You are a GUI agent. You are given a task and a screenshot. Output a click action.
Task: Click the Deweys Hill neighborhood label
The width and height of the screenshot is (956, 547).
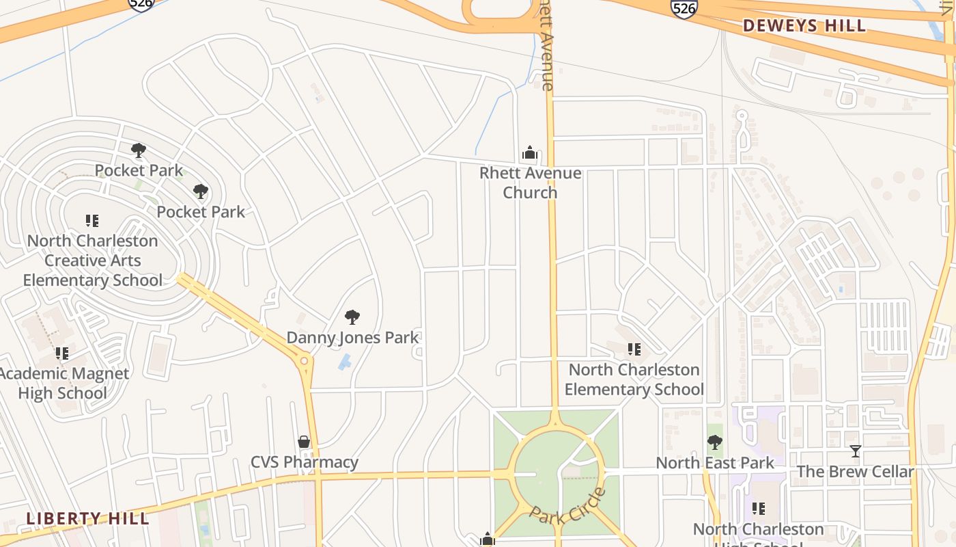coord(804,26)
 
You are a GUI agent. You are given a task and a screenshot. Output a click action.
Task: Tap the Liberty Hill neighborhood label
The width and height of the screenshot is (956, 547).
coord(87,518)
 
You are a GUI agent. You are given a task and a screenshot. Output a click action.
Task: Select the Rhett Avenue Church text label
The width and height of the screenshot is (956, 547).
coord(530,183)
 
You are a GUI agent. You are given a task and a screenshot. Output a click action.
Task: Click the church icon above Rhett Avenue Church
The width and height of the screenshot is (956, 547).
coord(530,153)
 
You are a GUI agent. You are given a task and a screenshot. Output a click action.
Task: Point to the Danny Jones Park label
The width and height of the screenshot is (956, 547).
coord(352,337)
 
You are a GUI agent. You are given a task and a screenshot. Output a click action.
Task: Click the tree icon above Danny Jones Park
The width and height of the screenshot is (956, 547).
coord(352,317)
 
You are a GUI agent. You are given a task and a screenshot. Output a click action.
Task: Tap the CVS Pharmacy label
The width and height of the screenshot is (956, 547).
coord(305,462)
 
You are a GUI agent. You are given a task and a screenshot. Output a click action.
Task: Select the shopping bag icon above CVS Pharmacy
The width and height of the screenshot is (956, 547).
coord(304,442)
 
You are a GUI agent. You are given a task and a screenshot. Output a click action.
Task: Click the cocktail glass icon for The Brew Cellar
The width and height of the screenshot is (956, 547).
coord(855,451)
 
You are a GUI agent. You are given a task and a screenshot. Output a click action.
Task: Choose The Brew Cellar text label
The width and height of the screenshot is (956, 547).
coord(855,472)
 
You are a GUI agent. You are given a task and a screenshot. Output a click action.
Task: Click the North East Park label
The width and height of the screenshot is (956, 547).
coord(715,463)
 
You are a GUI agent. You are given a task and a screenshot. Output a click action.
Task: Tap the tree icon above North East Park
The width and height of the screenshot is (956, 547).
coord(715,442)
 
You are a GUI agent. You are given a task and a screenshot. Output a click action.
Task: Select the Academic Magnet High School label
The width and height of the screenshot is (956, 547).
coord(63,383)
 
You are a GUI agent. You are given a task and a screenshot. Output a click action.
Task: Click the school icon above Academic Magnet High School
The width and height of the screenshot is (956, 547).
coord(62,353)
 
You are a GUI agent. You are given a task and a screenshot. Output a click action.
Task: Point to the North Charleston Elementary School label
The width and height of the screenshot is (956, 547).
coord(634,379)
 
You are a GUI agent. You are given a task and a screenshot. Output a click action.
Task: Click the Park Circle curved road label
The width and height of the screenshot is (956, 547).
coord(568,506)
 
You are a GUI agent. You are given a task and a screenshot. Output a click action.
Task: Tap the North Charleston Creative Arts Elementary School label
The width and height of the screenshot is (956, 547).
coord(92,261)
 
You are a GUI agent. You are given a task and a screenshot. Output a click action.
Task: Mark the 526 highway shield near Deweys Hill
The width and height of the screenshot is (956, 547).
coord(684,8)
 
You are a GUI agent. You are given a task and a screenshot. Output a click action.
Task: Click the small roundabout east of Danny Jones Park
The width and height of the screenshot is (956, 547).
coord(304,360)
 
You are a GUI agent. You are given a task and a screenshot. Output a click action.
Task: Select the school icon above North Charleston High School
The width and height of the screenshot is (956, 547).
coord(759,509)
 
